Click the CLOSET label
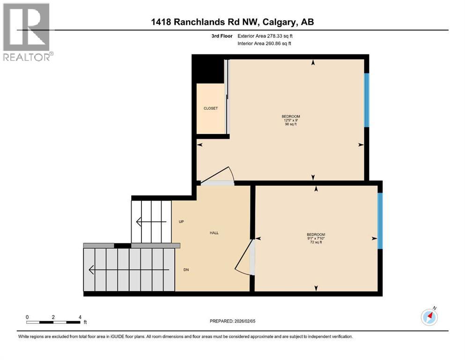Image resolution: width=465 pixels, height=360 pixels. [x=210, y=108]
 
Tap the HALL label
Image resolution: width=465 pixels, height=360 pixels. [x=214, y=233]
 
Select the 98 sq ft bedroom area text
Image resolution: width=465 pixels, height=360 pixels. [x=290, y=125]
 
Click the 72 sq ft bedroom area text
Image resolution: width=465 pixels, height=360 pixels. [x=316, y=242]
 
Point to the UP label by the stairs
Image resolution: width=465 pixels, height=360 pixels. [x=181, y=222]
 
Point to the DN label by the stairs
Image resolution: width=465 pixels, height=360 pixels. [x=186, y=270]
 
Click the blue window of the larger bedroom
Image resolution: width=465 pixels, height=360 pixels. [x=367, y=100]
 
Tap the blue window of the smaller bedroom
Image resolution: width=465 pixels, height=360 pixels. [x=380, y=220]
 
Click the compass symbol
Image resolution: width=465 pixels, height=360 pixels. [x=429, y=317]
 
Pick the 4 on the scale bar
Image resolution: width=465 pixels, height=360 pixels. [x=80, y=317]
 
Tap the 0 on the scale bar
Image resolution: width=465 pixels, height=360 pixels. [x=27, y=317]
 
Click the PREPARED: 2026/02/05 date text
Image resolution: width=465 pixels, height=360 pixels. [x=232, y=321]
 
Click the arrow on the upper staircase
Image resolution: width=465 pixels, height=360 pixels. [x=150, y=222]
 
